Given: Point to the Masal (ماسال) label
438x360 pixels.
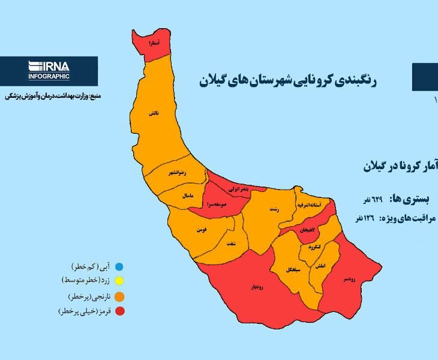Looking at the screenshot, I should (187, 196).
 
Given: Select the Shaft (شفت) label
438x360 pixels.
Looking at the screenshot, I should (231, 242).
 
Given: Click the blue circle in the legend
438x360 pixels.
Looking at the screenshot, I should (119, 266).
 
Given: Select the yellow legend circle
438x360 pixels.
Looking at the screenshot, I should (119, 281).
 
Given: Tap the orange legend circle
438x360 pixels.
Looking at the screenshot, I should (119, 296).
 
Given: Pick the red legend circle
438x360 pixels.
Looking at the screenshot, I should (119, 311).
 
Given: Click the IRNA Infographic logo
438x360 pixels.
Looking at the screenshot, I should (49, 70).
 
